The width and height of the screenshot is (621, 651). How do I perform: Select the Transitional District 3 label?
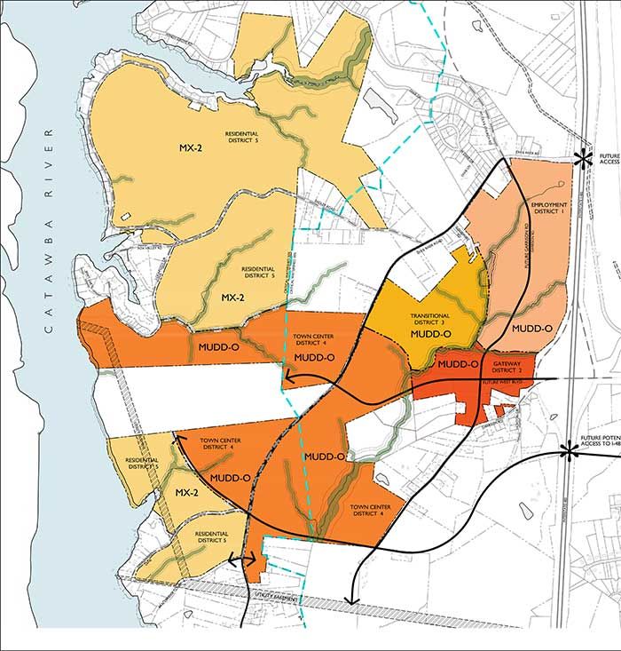pyautogui.click(x=429, y=319)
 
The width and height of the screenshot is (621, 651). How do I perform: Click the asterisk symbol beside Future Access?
pyautogui.click(x=582, y=158)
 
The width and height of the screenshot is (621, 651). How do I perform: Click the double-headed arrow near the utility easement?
pyautogui.click(x=243, y=560)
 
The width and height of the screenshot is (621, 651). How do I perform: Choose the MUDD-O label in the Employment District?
pyautogui.click(x=532, y=329)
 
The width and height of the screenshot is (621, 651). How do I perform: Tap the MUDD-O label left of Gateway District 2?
pyautogui.click(x=459, y=364)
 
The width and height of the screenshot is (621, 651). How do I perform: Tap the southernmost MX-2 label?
pyautogui.click(x=185, y=492)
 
